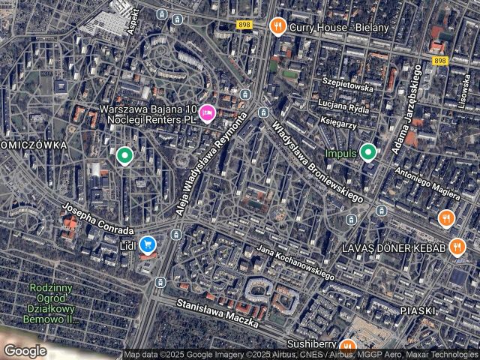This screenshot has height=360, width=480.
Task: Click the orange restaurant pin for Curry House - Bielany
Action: coord(277,27)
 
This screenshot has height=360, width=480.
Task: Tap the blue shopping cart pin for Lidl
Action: coord(148,244)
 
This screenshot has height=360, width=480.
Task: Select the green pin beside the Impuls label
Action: coord(367,153)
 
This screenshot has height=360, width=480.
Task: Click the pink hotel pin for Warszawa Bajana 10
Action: coord(208,113)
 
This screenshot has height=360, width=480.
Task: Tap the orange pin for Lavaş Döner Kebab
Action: coord(457,248)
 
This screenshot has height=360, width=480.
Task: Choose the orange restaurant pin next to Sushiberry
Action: coord(346,346)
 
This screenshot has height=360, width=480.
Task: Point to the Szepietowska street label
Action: coord(347,86)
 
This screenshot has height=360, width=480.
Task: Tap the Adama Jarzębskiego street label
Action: coord(406,111)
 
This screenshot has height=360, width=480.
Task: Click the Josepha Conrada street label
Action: coord(98,220)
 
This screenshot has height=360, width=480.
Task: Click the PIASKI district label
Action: coord(418,310)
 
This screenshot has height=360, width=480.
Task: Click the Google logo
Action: coord(25,350)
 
